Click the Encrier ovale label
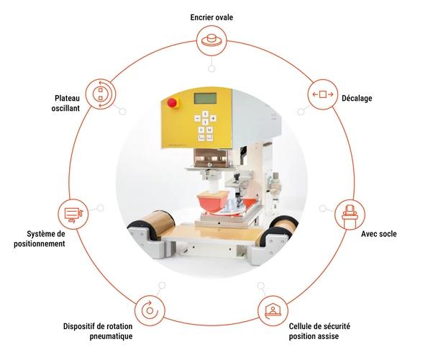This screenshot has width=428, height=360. pyautogui.click(x=211, y=17)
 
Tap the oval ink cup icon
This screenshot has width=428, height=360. pyautogui.click(x=211, y=41)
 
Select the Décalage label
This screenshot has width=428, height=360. pyautogui.click(x=357, y=99)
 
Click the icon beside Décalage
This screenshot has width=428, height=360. pyautogui.click(x=323, y=94)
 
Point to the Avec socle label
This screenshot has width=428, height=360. pyautogui.click(x=379, y=234)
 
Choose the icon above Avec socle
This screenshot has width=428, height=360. pyautogui.click(x=350, y=215)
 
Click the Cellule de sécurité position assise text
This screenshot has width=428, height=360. pyautogui.click(x=319, y=331)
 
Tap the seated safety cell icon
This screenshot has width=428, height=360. pyautogui.click(x=273, y=311)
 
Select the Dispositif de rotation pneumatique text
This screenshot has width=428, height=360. pyautogui.click(x=98, y=331)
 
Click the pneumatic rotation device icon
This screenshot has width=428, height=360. pyautogui.click(x=150, y=310)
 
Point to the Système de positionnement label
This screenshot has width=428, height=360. pyautogui.click(x=40, y=239)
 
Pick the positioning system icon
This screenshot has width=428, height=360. pyautogui.click(x=73, y=214)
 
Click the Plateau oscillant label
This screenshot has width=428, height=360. pyautogui.click(x=65, y=103)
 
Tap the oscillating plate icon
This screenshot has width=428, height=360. pyautogui.click(x=101, y=94)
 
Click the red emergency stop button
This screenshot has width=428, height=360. pyautogui.click(x=172, y=102)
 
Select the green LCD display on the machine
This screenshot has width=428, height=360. pyautogui.click(x=205, y=99)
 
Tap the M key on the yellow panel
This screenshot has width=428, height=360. pyautogui.click(x=209, y=130)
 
